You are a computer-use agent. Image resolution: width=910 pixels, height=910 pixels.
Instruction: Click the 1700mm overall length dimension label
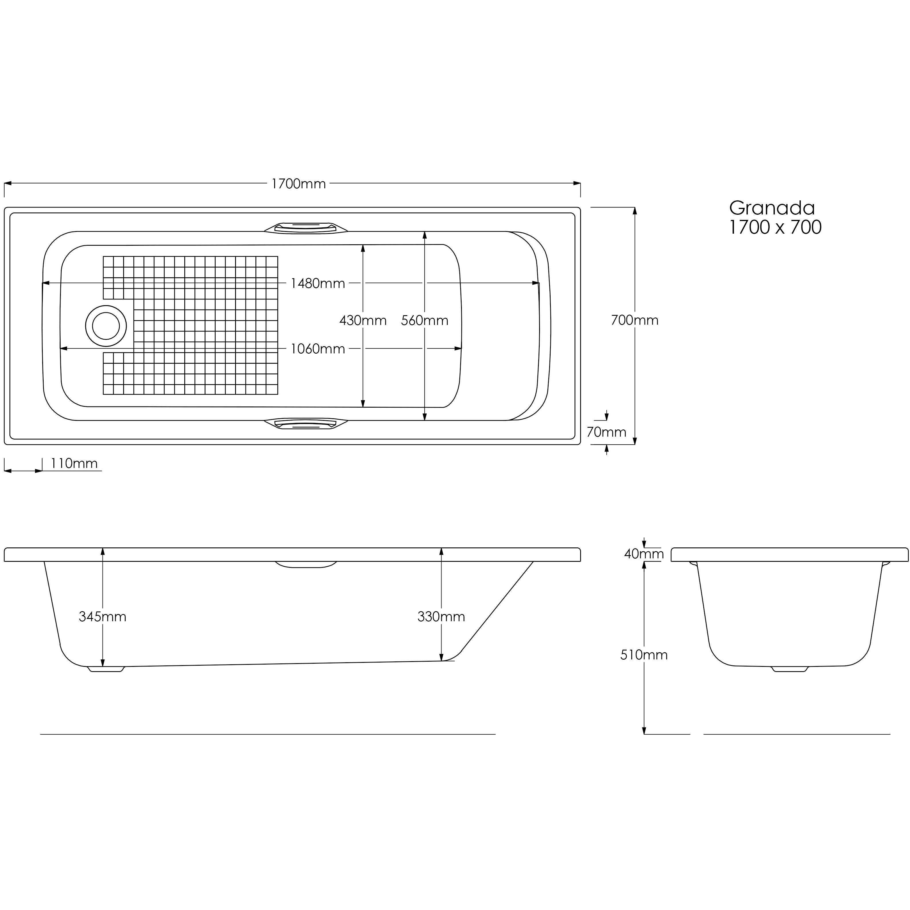coord(298,184)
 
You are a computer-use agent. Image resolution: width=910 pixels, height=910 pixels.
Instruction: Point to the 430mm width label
coord(363,321)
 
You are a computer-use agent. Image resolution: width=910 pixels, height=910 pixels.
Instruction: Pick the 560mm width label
coord(424,321)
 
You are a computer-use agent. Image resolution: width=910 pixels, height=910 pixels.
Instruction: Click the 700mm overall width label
coord(634,320)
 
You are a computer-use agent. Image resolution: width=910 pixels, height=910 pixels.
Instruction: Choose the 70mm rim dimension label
coord(606,432)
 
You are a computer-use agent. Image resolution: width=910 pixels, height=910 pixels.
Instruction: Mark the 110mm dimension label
coord(74,464)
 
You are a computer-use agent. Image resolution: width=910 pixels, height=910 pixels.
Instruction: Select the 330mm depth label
coord(441,617)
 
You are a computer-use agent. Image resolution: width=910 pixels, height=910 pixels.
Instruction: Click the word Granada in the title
coord(772,208)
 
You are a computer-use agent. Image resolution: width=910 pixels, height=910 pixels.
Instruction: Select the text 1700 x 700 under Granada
coord(775,227)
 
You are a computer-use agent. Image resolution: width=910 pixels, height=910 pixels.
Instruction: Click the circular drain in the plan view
coord(106,326)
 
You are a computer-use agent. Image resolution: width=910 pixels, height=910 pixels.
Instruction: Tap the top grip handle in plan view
coord(306,227)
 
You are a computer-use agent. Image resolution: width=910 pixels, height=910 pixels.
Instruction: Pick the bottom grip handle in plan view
coord(306,424)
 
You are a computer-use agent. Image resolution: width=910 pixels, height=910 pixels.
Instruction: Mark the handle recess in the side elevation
coord(306,564)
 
